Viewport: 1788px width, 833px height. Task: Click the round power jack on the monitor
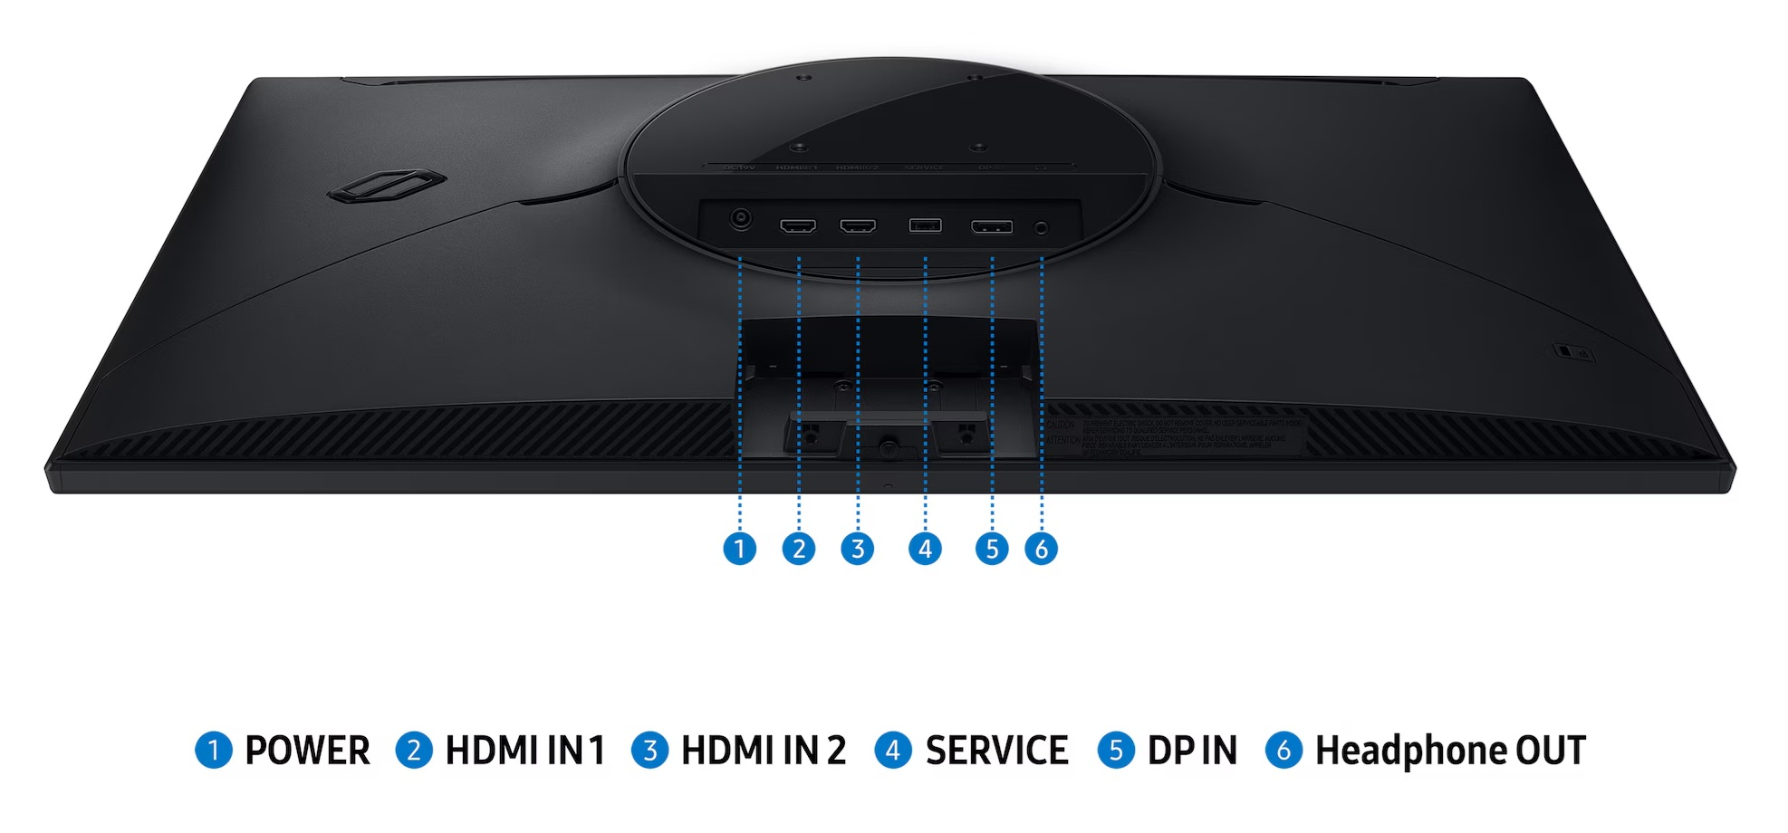coord(741,219)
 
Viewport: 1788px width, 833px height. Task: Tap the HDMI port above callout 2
coord(798,225)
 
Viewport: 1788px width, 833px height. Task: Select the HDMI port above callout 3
coord(858,225)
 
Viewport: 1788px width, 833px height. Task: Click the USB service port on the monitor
coord(925,225)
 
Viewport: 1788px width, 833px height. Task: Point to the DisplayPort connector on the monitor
coord(992,226)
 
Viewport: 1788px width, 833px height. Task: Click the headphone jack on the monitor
coord(1041,228)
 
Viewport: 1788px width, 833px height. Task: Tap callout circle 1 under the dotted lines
coord(740,549)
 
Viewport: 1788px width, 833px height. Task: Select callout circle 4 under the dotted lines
coord(925,549)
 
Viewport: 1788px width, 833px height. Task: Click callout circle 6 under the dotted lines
coord(1041,549)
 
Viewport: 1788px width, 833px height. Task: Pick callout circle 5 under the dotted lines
coord(992,549)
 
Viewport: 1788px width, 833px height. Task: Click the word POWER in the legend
coord(307,751)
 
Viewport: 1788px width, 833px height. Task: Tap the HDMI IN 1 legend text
coord(524,751)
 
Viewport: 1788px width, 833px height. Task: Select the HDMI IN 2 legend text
coord(763,751)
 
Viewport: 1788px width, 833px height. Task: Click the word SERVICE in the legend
coord(996,751)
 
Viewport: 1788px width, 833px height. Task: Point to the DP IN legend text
coord(1191,751)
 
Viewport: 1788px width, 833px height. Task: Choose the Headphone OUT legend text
coord(1449,751)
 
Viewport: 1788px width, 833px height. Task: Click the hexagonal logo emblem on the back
coord(385,186)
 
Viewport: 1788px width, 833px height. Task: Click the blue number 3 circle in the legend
coord(649,751)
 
